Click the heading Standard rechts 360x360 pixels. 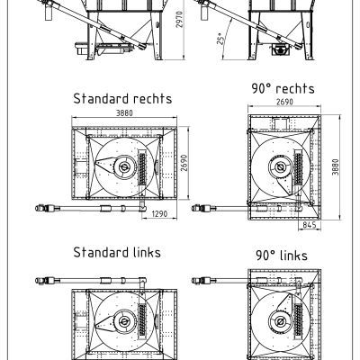(x=122, y=99)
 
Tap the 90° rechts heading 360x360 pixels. (x=283, y=88)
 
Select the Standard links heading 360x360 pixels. (x=117, y=252)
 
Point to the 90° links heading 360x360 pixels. (x=282, y=256)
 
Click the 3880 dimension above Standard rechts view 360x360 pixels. (x=124, y=113)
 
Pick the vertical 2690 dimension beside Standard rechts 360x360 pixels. (x=184, y=163)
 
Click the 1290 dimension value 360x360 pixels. (x=159, y=214)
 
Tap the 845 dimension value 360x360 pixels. (x=310, y=225)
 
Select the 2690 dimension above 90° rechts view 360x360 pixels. (x=284, y=102)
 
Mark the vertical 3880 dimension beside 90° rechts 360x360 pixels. (x=336, y=166)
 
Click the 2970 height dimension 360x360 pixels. (x=179, y=20)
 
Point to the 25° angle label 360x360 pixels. (x=220, y=39)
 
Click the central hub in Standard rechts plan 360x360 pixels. (x=123, y=167)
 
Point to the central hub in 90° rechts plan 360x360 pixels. (x=281, y=166)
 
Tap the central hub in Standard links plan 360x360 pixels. (x=123, y=322)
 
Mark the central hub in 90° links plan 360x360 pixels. (x=281, y=322)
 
